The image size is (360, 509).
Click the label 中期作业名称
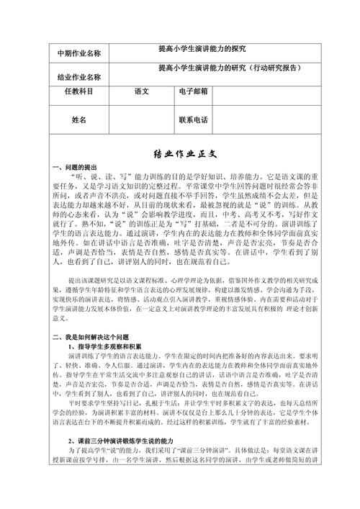pos(78,53)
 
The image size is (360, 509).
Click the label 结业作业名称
pos(78,76)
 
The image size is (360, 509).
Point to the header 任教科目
pos(78,92)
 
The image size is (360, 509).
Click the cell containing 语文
pos(142,92)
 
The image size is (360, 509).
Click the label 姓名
pos(78,120)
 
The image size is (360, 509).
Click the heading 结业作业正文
pos(180,154)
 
